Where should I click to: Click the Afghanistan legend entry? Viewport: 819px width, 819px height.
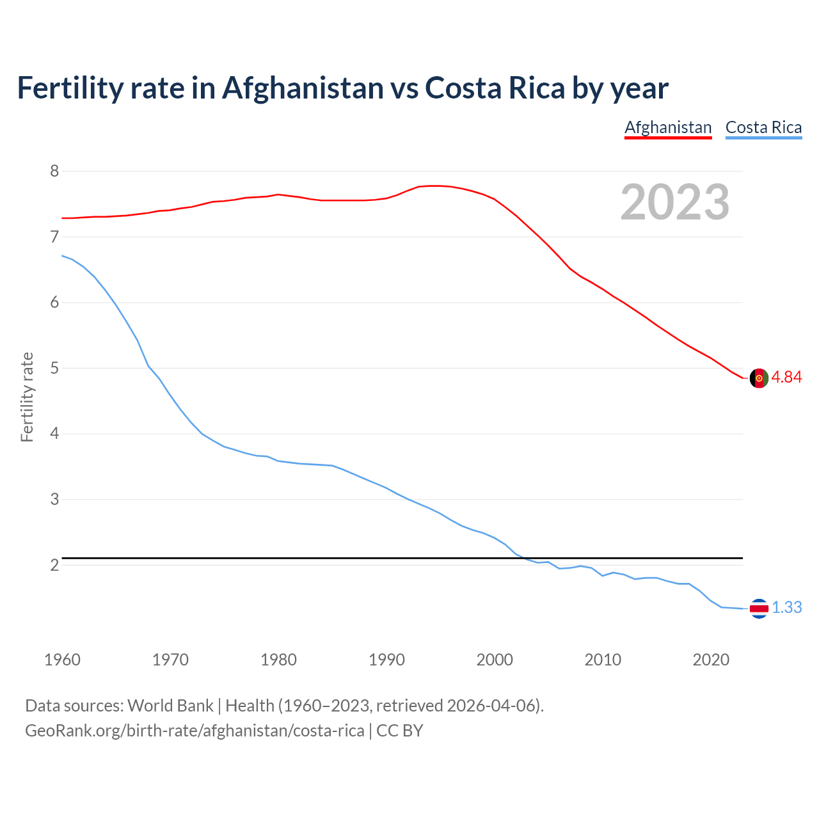[668, 127]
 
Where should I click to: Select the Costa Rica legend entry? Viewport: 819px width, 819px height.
[763, 127]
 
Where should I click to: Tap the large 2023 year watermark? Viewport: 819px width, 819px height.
[675, 202]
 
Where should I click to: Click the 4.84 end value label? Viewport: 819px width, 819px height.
[786, 377]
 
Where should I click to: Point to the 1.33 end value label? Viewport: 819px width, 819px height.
[786, 607]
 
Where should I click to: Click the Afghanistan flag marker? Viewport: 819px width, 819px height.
[759, 378]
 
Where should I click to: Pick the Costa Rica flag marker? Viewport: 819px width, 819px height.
[759, 608]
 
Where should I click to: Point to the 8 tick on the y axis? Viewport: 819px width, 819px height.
[54, 171]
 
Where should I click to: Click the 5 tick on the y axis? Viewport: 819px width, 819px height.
[54, 368]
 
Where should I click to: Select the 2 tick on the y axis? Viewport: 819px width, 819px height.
[54, 565]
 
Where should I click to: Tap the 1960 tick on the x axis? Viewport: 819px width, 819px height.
[62, 660]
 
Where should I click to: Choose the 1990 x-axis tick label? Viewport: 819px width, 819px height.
[386, 660]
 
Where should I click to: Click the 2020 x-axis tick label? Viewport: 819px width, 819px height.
[711, 660]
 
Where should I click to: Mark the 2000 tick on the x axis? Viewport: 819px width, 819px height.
[495, 660]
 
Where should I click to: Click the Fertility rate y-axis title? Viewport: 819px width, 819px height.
[27, 397]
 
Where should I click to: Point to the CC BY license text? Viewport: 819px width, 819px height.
[400, 730]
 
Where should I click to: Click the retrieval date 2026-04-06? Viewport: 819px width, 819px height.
[491, 705]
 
